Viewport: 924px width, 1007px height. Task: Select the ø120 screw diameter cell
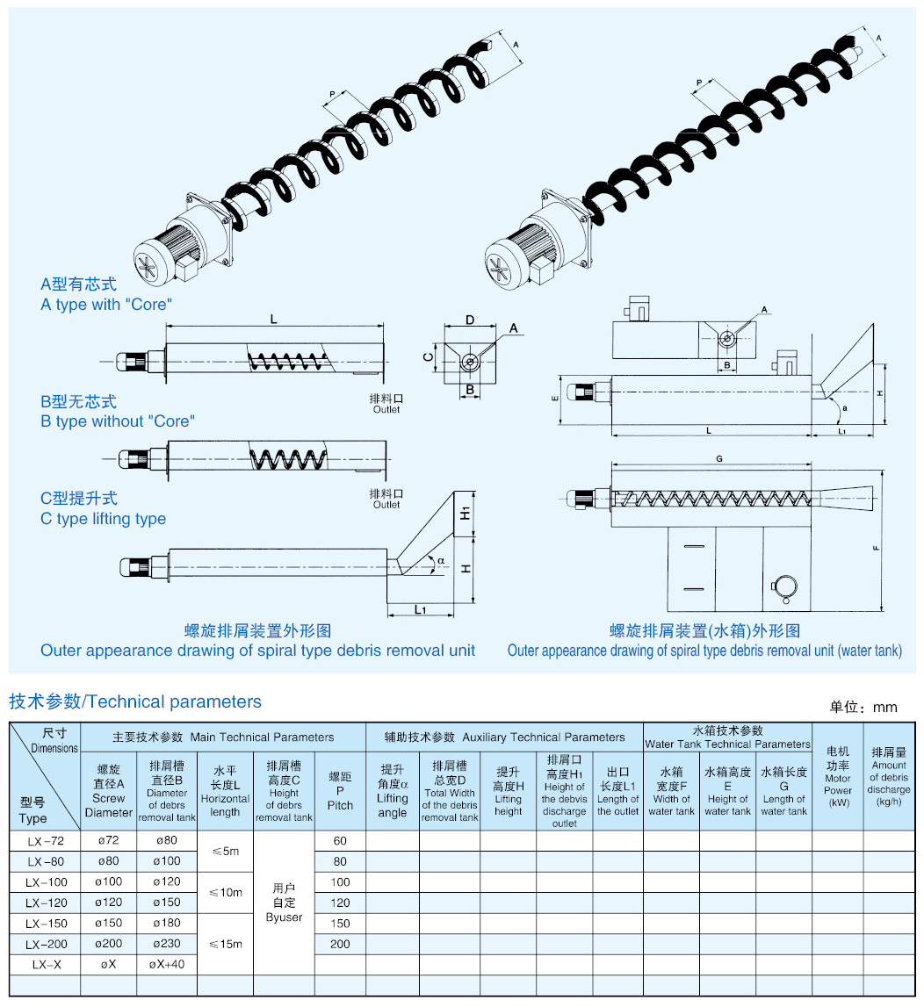pos(108,902)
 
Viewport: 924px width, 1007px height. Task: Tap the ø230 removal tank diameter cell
pos(167,944)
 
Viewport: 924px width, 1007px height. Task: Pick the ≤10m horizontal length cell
pos(225,892)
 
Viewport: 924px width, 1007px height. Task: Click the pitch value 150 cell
pos(340,923)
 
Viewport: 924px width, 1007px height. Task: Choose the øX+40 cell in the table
pos(167,964)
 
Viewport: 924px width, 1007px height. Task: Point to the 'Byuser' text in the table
pos(284,917)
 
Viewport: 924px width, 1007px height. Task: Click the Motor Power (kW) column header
pos(838,778)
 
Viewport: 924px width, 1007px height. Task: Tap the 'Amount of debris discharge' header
pos(889,778)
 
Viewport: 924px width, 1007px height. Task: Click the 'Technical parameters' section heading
pos(135,701)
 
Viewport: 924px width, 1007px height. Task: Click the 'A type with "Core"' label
pos(106,305)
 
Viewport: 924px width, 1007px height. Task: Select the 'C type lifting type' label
pos(103,519)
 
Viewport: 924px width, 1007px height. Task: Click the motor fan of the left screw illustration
pos(147,266)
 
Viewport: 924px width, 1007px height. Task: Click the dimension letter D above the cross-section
pos(470,319)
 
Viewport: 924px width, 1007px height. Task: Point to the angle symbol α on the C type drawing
pos(442,560)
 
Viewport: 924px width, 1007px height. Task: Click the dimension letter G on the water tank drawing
pos(719,459)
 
